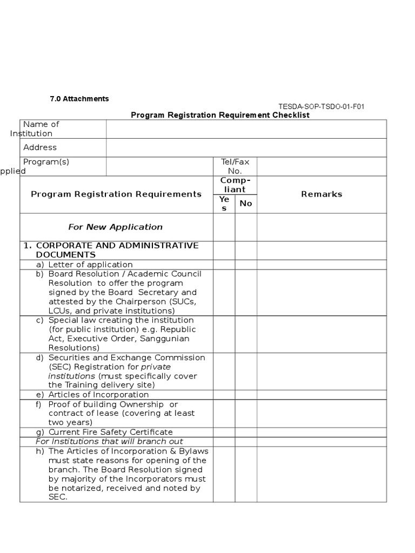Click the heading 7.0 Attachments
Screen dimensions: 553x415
pyautogui.click(x=79, y=99)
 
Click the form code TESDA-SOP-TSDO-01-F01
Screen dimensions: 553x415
pyautogui.click(x=321, y=106)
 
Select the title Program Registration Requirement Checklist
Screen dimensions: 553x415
pyautogui.click(x=220, y=116)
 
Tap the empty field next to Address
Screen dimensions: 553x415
pyautogui.click(x=246, y=147)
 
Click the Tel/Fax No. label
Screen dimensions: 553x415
pyautogui.click(x=235, y=166)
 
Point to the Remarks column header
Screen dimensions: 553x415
pyautogui.click(x=322, y=194)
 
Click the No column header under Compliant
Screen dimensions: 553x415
pyautogui.click(x=246, y=203)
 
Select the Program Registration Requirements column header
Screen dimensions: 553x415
pyautogui.click(x=116, y=194)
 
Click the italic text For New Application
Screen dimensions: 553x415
pyautogui.click(x=115, y=227)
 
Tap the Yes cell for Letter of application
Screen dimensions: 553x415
pyautogui.click(x=224, y=265)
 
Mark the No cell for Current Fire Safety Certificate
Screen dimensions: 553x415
pyautogui.click(x=246, y=432)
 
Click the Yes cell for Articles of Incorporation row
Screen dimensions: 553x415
pyautogui.click(x=224, y=394)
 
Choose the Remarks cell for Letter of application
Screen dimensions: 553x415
pyautogui.click(x=322, y=265)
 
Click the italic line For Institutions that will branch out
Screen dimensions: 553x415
pyautogui.click(x=109, y=441)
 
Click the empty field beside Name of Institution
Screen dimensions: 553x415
pyautogui.click(x=246, y=129)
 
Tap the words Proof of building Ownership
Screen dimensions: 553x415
pyautogui.click(x=106, y=404)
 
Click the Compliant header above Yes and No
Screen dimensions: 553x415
pyautogui.click(x=235, y=185)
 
